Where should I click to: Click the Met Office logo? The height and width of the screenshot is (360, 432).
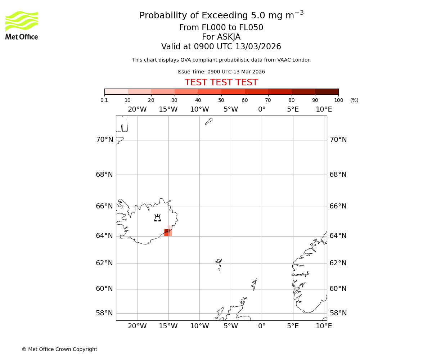pyautogui.click(x=22, y=25)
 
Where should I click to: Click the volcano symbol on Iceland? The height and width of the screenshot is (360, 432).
pyautogui.click(x=157, y=218)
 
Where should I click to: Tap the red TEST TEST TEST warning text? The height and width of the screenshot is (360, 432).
pyautogui.click(x=221, y=82)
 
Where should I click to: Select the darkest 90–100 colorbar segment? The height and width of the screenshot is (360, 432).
pyautogui.click(x=327, y=91)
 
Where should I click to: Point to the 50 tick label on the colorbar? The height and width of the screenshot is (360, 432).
pyautogui.click(x=221, y=100)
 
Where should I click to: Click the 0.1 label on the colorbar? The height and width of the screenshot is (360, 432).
pyautogui.click(x=104, y=100)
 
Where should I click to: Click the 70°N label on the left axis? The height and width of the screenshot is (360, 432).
pyautogui.click(x=104, y=140)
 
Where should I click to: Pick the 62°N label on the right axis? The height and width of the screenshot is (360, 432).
pyautogui.click(x=338, y=263)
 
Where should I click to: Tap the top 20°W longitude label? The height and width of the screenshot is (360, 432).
pyautogui.click(x=137, y=109)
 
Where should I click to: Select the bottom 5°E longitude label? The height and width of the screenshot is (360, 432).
pyautogui.click(x=293, y=326)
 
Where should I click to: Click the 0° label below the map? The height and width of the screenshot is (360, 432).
pyautogui.click(x=262, y=326)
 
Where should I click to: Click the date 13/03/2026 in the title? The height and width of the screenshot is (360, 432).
pyautogui.click(x=258, y=47)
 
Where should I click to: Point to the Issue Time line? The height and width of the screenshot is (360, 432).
pyautogui.click(x=221, y=72)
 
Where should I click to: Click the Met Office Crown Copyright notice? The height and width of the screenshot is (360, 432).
pyautogui.click(x=59, y=349)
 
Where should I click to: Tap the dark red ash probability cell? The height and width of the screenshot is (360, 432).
pyautogui.click(x=167, y=231)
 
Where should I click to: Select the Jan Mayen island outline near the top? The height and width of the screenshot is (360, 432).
pyautogui.click(x=209, y=121)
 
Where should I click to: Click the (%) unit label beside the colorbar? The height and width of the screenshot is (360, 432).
pyautogui.click(x=354, y=100)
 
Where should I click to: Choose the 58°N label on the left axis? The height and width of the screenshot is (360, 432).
pyautogui.click(x=104, y=313)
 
